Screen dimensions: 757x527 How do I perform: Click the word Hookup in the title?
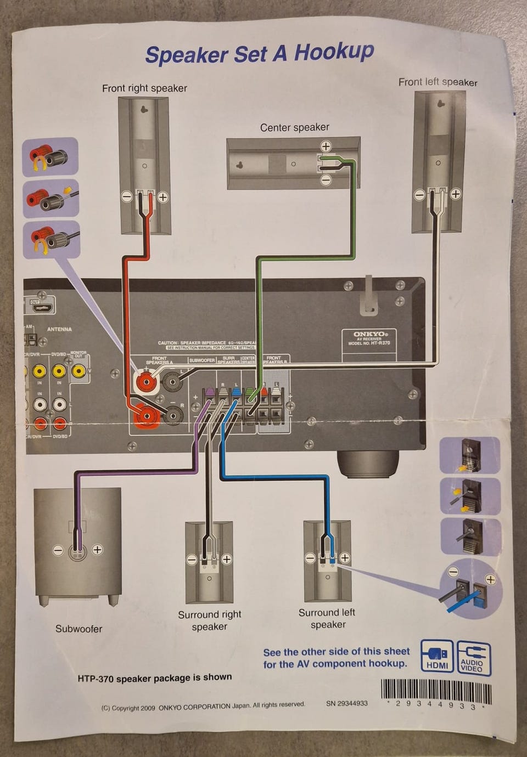[x=334, y=52]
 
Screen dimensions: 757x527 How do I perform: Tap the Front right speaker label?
[x=144, y=88]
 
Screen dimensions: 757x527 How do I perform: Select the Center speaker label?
[x=294, y=127]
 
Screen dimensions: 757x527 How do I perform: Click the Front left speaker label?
[x=438, y=82]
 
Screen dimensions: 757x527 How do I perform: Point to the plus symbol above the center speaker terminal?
[x=326, y=146]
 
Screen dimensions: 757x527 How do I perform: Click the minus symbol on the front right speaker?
[x=127, y=196]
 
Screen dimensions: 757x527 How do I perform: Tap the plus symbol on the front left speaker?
[x=456, y=194]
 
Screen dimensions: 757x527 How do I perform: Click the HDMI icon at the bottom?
[x=437, y=657]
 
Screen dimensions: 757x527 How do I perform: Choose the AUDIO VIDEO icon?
[x=474, y=657]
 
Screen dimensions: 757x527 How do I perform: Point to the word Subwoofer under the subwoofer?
[x=79, y=629]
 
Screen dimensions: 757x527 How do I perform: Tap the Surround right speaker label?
[x=209, y=620]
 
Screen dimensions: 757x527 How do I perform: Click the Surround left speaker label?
[x=327, y=618]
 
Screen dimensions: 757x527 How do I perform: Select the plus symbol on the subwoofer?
[x=97, y=550]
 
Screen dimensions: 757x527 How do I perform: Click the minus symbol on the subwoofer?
[x=58, y=550]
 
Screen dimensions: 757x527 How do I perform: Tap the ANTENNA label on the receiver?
[x=59, y=329]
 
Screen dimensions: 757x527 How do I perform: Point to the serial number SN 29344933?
[x=346, y=703]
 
